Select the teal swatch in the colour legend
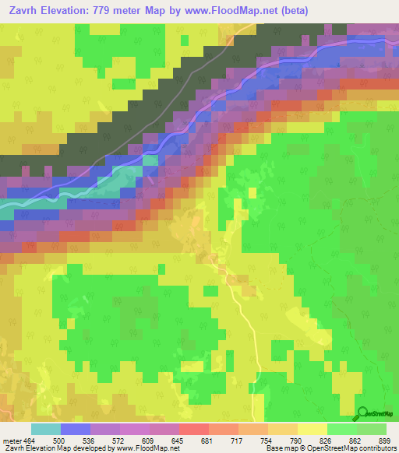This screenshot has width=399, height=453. [x=46, y=429]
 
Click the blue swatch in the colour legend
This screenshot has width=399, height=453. [x=76, y=429]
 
